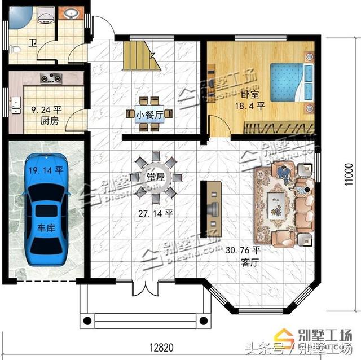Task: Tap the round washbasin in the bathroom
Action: coord(72,12)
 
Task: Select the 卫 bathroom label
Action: coord(33,43)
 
